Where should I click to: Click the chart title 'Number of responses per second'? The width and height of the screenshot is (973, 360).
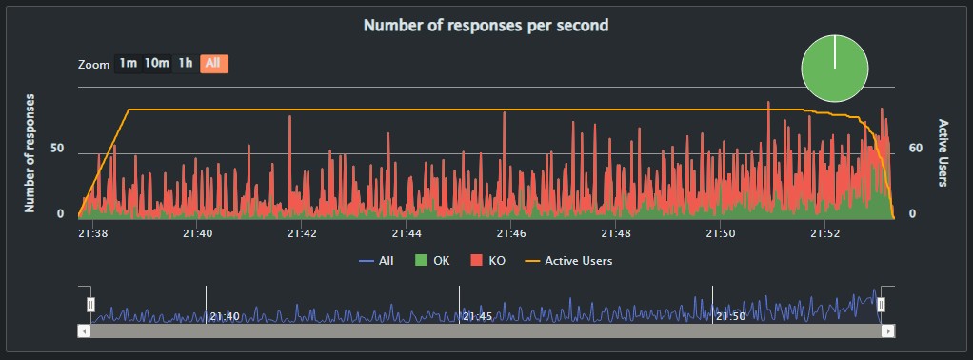click(x=486, y=26)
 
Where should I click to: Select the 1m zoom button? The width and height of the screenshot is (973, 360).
click(x=129, y=64)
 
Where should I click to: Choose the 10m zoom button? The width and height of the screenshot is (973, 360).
click(x=157, y=64)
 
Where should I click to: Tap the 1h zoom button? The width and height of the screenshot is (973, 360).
click(x=186, y=64)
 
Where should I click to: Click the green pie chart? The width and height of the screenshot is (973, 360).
click(x=835, y=68)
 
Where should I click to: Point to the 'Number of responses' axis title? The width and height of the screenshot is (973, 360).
click(x=30, y=152)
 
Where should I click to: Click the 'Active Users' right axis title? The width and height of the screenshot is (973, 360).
click(x=943, y=152)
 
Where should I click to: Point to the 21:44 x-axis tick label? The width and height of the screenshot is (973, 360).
click(x=407, y=232)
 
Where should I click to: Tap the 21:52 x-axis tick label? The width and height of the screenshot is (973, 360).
click(x=825, y=232)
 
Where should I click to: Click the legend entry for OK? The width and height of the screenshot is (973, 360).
click(x=436, y=260)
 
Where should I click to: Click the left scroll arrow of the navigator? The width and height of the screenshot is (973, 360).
click(x=85, y=330)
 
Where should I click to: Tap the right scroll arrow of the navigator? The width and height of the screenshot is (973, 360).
click(x=887, y=330)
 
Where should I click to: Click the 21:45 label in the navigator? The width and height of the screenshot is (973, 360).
click(x=476, y=316)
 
